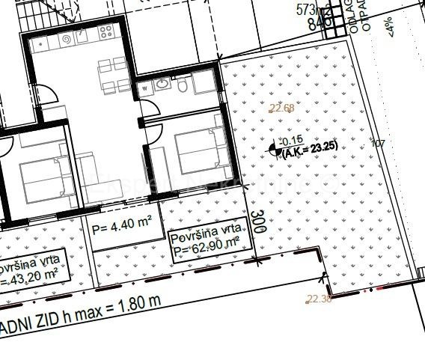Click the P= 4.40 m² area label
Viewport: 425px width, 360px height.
(122, 224)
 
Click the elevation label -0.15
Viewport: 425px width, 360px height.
(290, 140)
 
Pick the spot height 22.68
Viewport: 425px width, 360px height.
(281, 109)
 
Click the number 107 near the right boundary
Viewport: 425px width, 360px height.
(378, 142)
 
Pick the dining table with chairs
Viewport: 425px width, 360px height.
(110, 73)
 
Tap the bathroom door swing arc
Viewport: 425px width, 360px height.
(153, 133)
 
